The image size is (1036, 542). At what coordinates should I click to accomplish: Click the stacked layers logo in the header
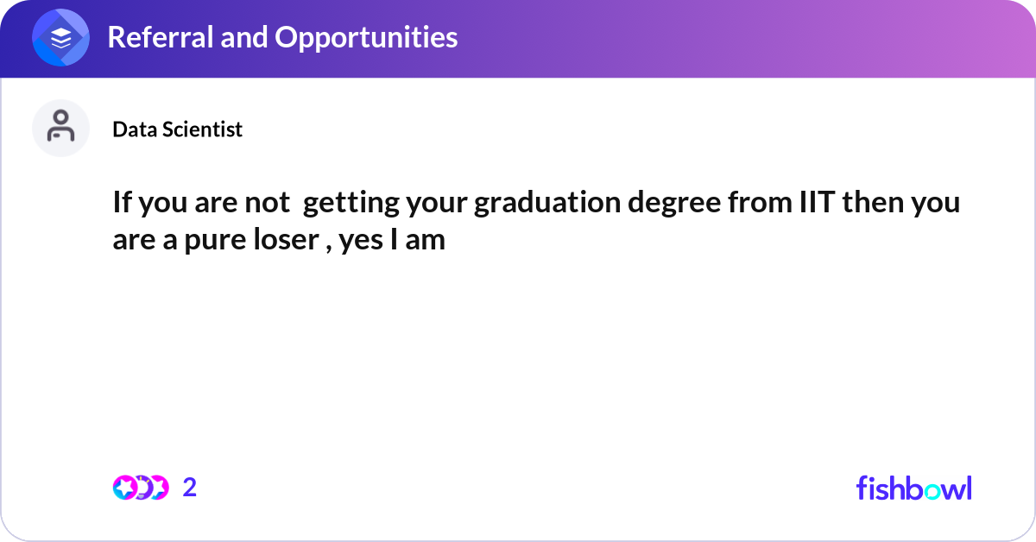point(61,39)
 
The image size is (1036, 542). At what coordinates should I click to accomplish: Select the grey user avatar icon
point(61,128)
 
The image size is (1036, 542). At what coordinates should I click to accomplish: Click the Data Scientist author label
point(177,129)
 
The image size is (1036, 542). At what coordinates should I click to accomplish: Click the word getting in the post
point(344,205)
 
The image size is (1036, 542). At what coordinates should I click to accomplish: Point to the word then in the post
point(873,205)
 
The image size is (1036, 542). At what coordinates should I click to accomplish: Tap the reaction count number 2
point(190,488)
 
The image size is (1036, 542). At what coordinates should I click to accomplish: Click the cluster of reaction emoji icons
point(140,488)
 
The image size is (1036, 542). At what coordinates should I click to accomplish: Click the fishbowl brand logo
point(913,488)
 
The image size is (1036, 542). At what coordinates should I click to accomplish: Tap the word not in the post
point(269,205)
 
